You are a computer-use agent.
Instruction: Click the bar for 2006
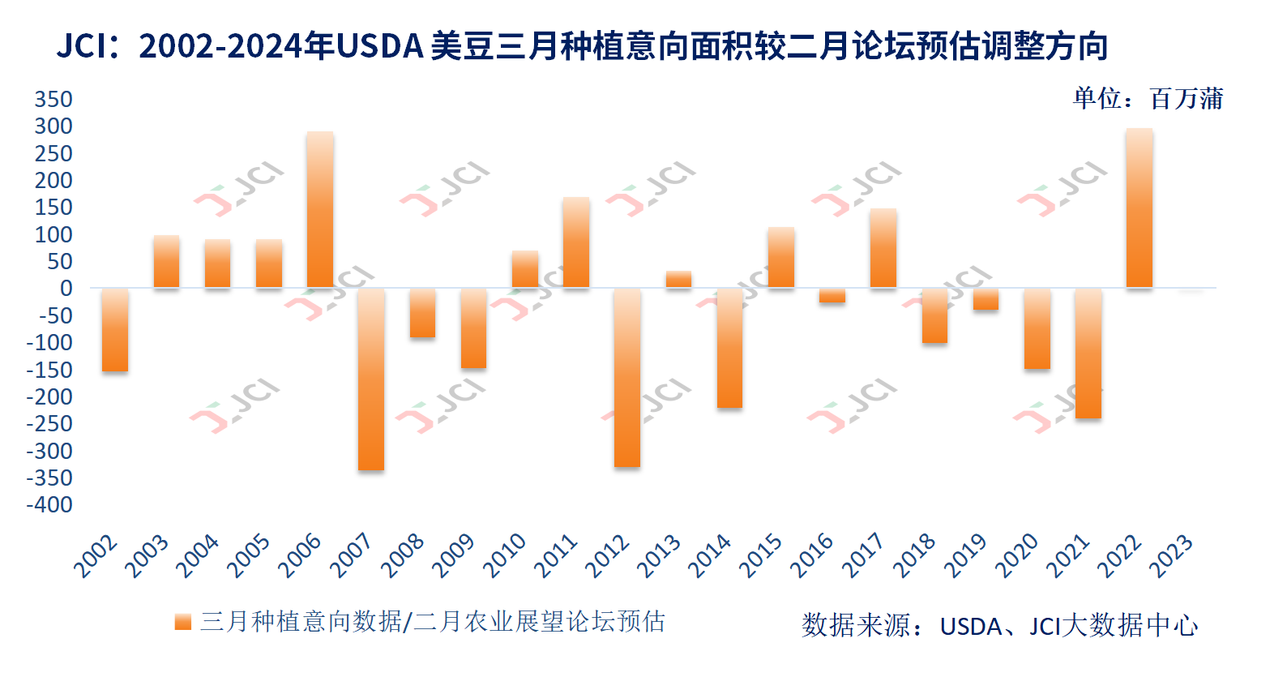(x=320, y=209)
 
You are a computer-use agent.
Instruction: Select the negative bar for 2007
(x=371, y=379)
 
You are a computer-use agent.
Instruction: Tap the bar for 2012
(x=627, y=377)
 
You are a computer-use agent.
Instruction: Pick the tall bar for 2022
(x=1139, y=208)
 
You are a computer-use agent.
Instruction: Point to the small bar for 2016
(x=832, y=295)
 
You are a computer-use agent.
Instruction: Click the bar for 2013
(x=678, y=280)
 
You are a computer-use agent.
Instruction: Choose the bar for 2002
(x=115, y=329)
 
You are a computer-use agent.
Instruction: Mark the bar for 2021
(x=1088, y=353)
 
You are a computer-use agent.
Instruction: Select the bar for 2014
(x=729, y=348)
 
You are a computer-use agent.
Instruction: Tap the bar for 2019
(x=986, y=298)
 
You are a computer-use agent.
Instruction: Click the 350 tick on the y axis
(x=53, y=99)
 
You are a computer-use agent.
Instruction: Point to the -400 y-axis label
(x=49, y=504)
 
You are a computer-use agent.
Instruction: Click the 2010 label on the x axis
(x=505, y=555)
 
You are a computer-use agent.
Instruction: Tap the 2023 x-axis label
(x=1171, y=555)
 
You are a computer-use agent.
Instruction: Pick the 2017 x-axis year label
(x=863, y=555)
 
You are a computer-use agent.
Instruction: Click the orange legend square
(x=183, y=622)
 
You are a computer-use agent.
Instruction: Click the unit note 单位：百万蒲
(x=1148, y=99)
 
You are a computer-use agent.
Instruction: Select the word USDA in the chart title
(x=379, y=46)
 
